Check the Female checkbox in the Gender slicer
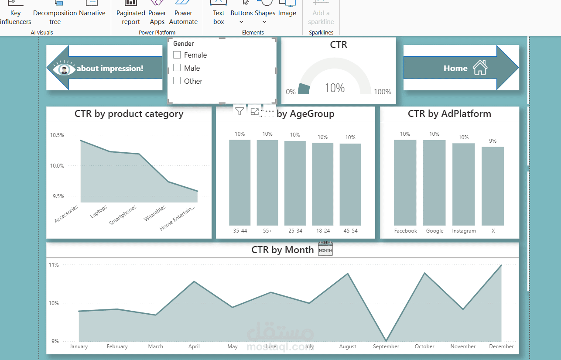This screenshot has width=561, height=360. pyautogui.click(x=177, y=55)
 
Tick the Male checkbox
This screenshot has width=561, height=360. pyautogui.click(x=177, y=68)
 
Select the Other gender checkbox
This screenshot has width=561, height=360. pyautogui.click(x=177, y=81)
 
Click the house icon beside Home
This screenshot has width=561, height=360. pyautogui.click(x=480, y=68)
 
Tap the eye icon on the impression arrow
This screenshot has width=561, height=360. pyautogui.click(x=64, y=69)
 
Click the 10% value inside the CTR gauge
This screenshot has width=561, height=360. pyautogui.click(x=335, y=88)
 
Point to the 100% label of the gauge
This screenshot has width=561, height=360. pyautogui.click(x=383, y=92)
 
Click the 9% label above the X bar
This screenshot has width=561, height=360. pyautogui.click(x=493, y=141)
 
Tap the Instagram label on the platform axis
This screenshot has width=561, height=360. pyautogui.click(x=464, y=231)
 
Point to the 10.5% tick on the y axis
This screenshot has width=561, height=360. pyautogui.click(x=57, y=135)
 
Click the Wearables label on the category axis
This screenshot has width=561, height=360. pyautogui.click(x=155, y=213)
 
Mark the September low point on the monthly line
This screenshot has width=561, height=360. pyautogui.click(x=386, y=340)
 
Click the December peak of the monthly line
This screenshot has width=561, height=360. pyautogui.click(x=501, y=265)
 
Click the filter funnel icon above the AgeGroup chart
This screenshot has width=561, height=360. pyautogui.click(x=239, y=111)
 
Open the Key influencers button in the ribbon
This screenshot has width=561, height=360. pyautogui.click(x=15, y=13)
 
